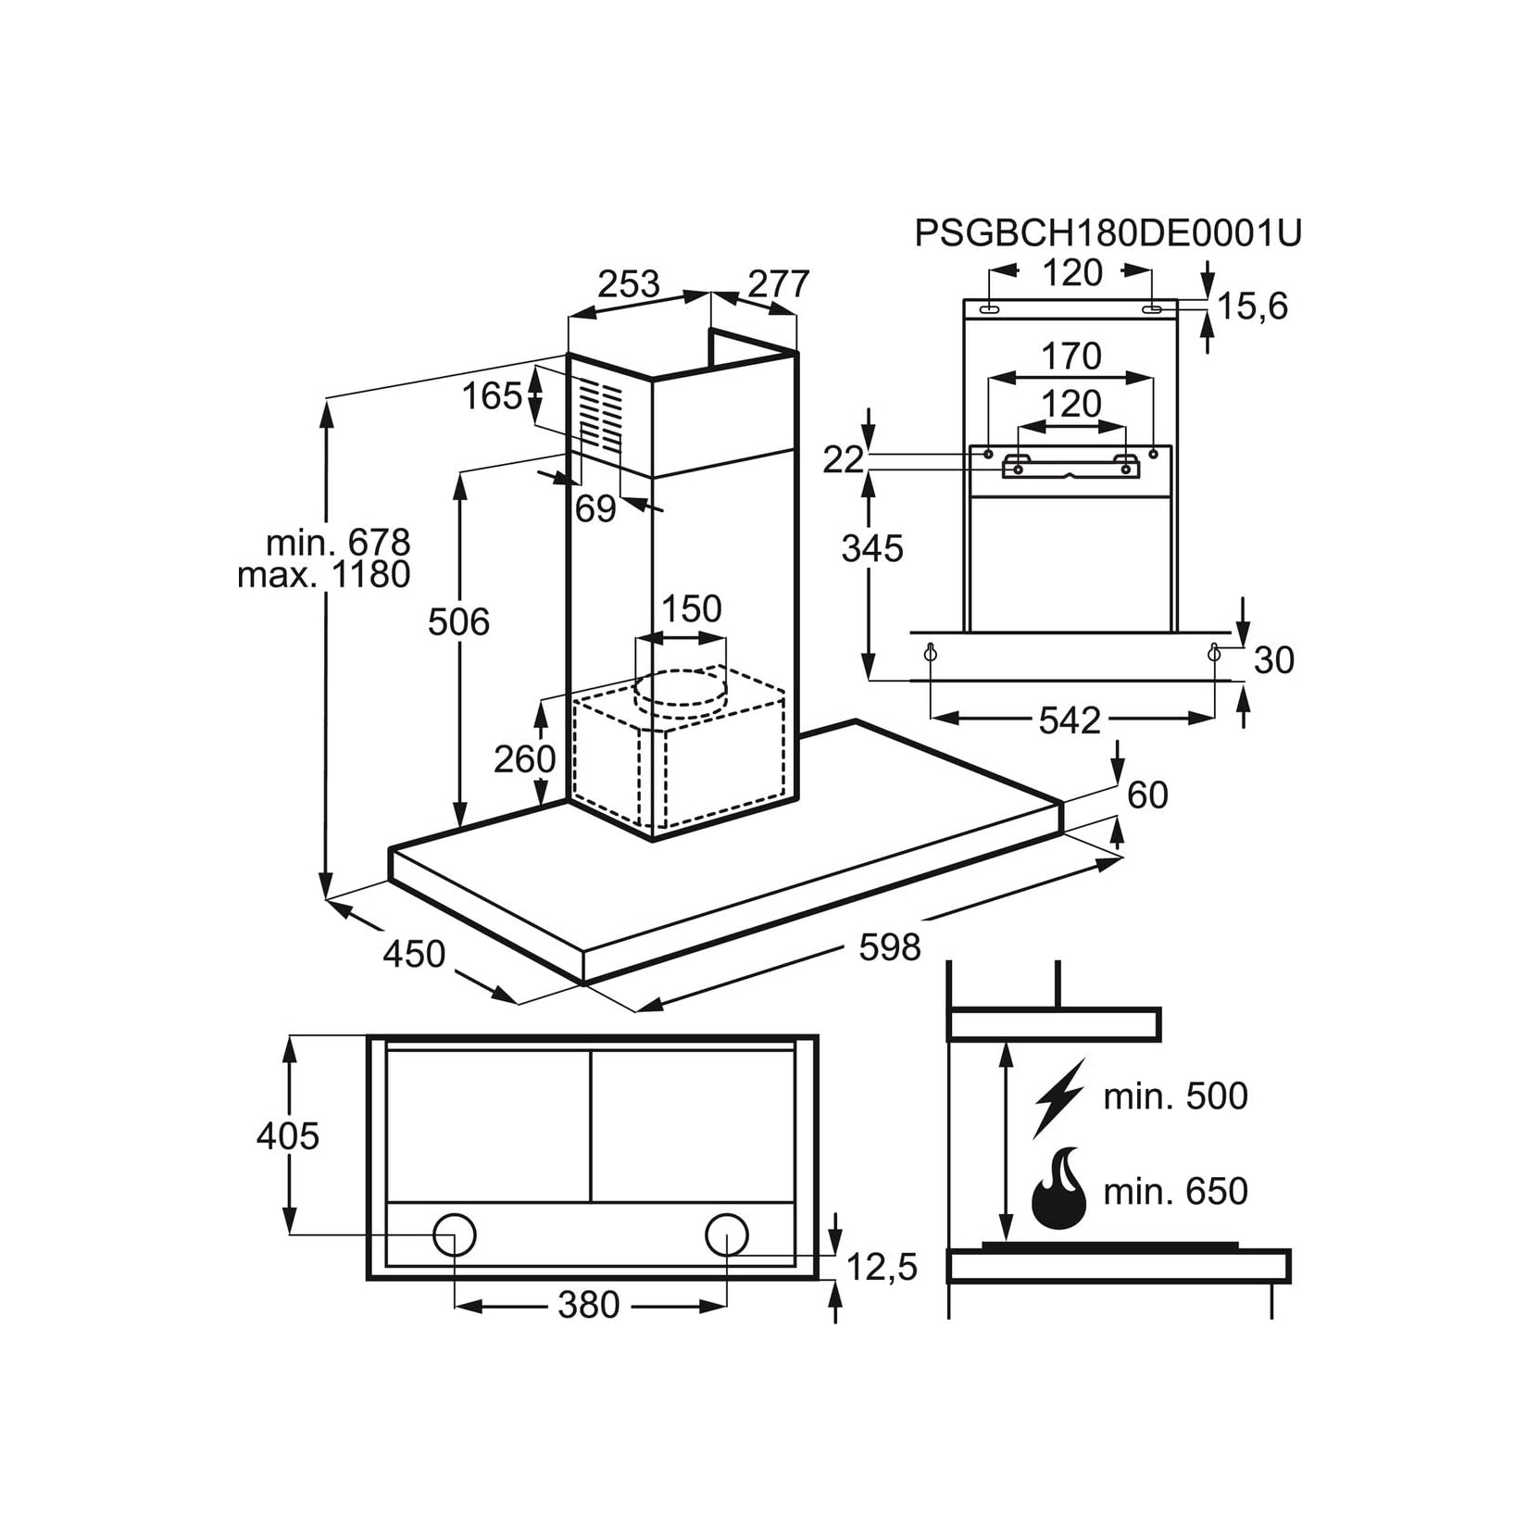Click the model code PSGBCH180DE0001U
pyautogui.click(x=1108, y=233)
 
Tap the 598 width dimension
pyautogui.click(x=890, y=946)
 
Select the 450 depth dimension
pyautogui.click(x=414, y=953)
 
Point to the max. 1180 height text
pyautogui.click(x=324, y=574)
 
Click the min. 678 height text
pyautogui.click(x=338, y=542)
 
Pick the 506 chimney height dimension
pyautogui.click(x=458, y=621)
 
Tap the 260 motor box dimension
pyautogui.click(x=524, y=758)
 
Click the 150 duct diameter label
pyautogui.click(x=691, y=608)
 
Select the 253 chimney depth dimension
pyautogui.click(x=629, y=283)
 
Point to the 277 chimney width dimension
pyautogui.click(x=779, y=283)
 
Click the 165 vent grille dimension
pyautogui.click(x=493, y=395)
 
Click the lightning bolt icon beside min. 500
pyautogui.click(x=1060, y=1097)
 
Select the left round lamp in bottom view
pyautogui.click(x=455, y=1235)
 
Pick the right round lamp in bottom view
pyautogui.click(x=727, y=1235)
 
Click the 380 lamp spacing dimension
pyautogui.click(x=589, y=1305)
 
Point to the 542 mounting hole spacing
pyautogui.click(x=1070, y=720)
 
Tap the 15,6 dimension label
pyautogui.click(x=1252, y=306)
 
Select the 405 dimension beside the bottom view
pyautogui.click(x=288, y=1135)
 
